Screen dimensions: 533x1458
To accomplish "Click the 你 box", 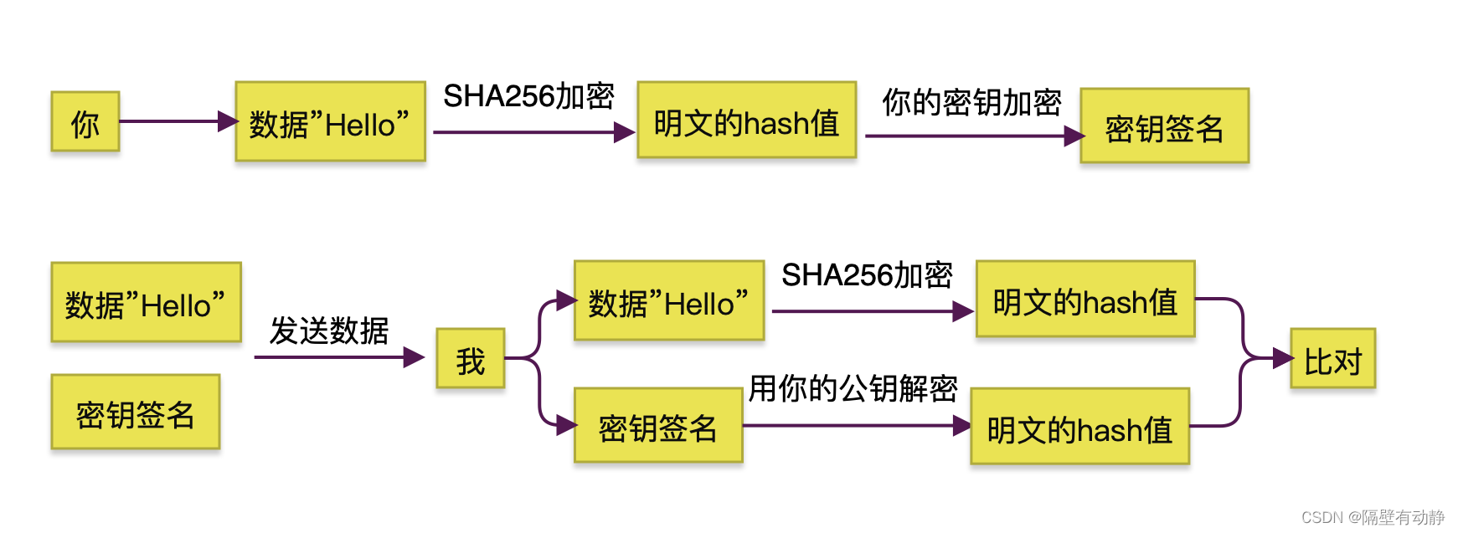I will [x=85, y=122].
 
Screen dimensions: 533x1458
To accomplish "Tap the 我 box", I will [x=471, y=359].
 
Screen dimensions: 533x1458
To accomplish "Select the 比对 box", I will [x=1332, y=359].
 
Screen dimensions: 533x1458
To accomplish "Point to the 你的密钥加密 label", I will [x=971, y=103].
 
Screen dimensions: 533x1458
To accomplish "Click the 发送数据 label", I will [x=329, y=331].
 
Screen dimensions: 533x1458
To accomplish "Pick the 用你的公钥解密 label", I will [x=853, y=388].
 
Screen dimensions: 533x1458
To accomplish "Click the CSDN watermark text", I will [x=1373, y=517].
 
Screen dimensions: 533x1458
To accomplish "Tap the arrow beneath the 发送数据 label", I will [x=339, y=357].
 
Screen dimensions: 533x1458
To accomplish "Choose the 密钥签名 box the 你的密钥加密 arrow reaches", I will [x=1164, y=126].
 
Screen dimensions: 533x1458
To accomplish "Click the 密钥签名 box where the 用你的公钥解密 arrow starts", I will [x=658, y=426].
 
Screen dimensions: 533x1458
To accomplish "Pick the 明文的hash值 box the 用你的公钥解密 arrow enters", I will [x=1079, y=427].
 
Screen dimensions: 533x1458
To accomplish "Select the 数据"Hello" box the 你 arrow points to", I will [x=330, y=122].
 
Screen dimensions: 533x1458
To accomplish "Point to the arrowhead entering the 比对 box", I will [x=1282, y=358].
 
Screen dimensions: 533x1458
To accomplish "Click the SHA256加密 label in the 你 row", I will [x=528, y=96].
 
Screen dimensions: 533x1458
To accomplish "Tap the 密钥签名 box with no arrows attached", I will [x=136, y=413].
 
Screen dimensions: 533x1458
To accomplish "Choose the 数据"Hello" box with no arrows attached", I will [x=146, y=303].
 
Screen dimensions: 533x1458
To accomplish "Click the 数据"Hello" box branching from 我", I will [x=668, y=301].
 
